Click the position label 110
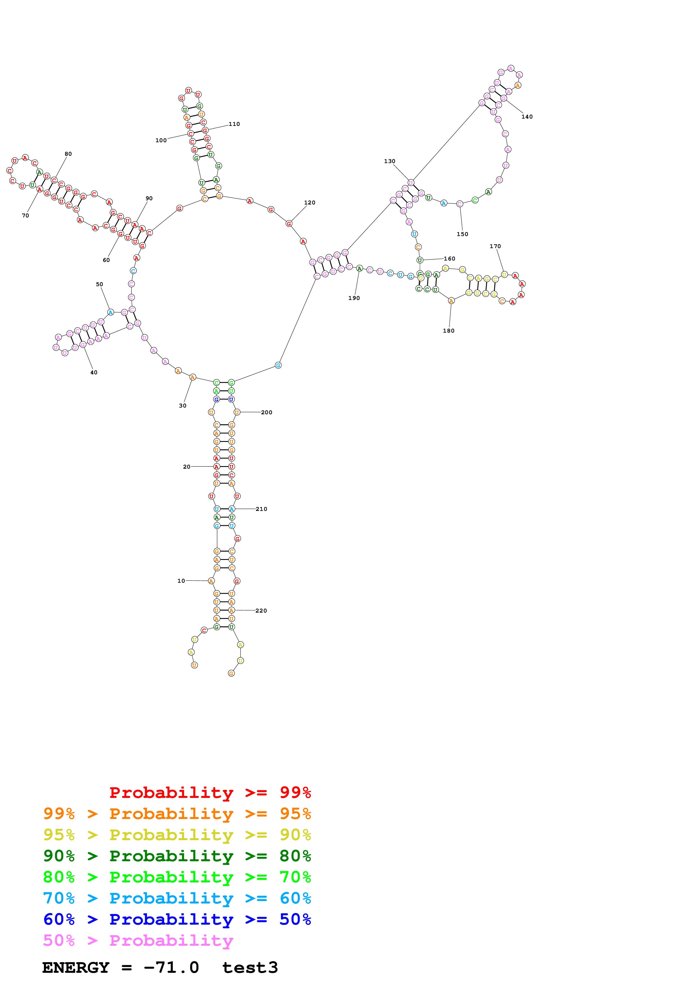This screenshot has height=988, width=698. pyautogui.click(x=234, y=124)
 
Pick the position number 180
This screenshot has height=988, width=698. pyautogui.click(x=449, y=330)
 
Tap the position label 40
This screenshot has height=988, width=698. pyautogui.click(x=94, y=372)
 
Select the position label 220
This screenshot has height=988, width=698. pyautogui.click(x=261, y=610)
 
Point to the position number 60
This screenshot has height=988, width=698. pyautogui.click(x=106, y=260)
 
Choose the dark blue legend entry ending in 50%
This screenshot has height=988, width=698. pyautogui.click(x=177, y=919)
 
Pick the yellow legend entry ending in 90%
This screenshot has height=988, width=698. pyautogui.click(x=177, y=835)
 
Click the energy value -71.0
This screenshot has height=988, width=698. pyautogui.click(x=171, y=968)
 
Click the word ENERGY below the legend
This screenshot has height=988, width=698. pyautogui.click(x=76, y=968)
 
